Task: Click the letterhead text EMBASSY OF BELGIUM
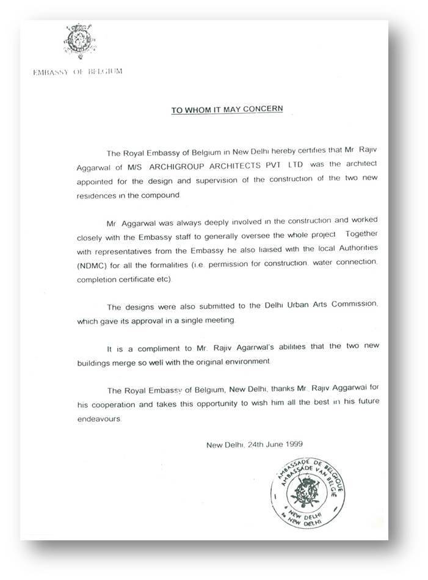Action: [78, 71]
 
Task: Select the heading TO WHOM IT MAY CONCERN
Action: [227, 111]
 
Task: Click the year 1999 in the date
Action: [292, 444]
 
